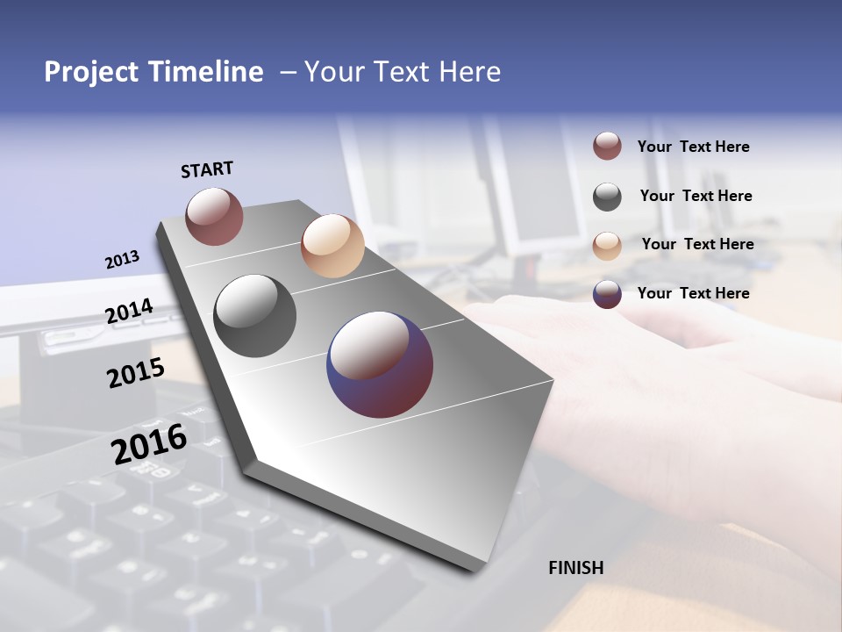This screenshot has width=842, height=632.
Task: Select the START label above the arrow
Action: (x=207, y=169)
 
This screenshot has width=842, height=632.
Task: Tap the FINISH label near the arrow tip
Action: (x=575, y=568)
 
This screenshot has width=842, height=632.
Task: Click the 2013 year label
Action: (x=122, y=260)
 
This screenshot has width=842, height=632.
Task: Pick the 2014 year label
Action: (x=129, y=312)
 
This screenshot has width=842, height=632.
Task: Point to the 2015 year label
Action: (x=136, y=373)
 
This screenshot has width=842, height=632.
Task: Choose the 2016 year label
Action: (x=149, y=443)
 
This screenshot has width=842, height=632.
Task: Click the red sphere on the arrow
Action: (x=214, y=216)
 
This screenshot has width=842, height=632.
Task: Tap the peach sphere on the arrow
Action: (x=332, y=246)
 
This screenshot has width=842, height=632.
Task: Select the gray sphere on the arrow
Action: (x=255, y=316)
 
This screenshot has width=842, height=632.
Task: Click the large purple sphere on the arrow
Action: (x=380, y=364)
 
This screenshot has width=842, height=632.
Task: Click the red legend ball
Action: (x=607, y=146)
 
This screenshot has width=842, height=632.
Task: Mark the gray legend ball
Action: (x=607, y=197)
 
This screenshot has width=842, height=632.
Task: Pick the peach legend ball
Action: (x=607, y=246)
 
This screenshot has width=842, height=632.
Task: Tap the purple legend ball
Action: (x=607, y=294)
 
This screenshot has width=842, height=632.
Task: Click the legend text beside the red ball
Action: (x=693, y=147)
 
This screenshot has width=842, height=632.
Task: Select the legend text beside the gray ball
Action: (x=696, y=196)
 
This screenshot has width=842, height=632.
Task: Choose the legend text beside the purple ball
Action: (x=693, y=293)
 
